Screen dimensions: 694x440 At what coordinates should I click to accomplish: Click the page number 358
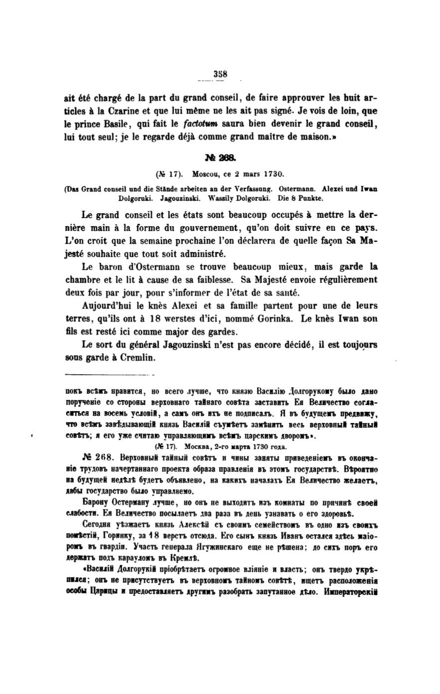tap(220, 74)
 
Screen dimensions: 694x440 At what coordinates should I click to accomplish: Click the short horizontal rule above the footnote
tap(110, 374)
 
